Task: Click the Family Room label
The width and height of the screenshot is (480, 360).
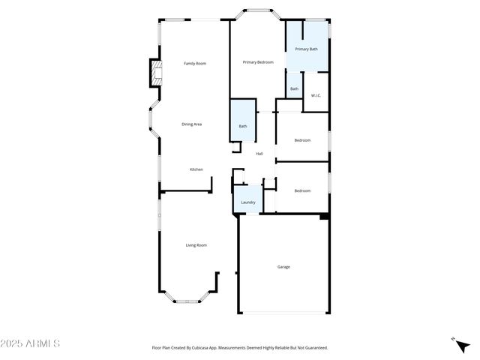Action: pyautogui.click(x=195, y=64)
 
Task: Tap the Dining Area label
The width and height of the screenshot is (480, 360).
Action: pyautogui.click(x=192, y=124)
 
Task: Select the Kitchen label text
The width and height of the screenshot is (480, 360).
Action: pyautogui.click(x=196, y=169)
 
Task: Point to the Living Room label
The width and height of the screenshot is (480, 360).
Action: pyautogui.click(x=196, y=245)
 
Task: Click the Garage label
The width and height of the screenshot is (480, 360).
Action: pyautogui.click(x=283, y=267)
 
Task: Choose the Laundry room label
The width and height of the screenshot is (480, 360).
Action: pyautogui.click(x=248, y=202)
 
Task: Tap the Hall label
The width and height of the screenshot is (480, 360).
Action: pyautogui.click(x=259, y=154)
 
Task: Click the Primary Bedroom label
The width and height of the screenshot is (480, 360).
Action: pyautogui.click(x=258, y=62)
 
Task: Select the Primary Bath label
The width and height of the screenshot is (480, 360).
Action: pyautogui.click(x=306, y=49)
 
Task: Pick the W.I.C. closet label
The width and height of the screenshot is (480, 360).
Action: pyautogui.click(x=316, y=95)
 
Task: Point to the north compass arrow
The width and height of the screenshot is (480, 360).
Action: pyautogui.click(x=454, y=340)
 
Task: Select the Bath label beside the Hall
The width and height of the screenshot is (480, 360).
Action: pyautogui.click(x=243, y=126)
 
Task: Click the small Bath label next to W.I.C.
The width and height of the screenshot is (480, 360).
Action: pyautogui.click(x=294, y=89)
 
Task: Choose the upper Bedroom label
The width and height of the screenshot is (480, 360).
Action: pyautogui.click(x=302, y=140)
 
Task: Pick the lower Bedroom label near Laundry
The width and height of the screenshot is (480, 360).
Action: pyautogui.click(x=302, y=190)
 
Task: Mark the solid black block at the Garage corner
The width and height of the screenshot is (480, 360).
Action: pyautogui.click(x=324, y=217)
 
